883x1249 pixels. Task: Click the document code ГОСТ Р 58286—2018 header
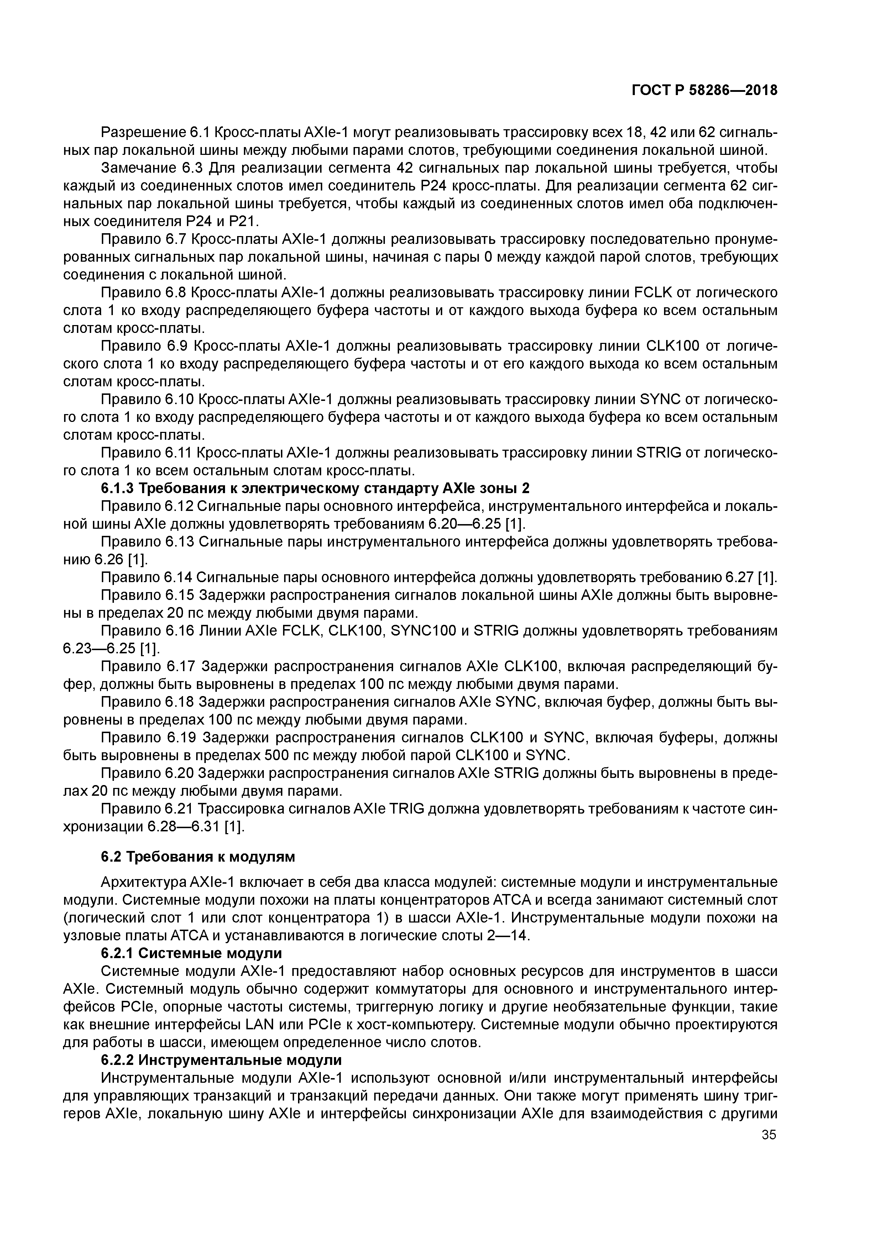point(705,91)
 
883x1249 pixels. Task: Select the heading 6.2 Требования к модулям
point(198,857)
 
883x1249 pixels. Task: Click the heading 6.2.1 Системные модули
point(192,953)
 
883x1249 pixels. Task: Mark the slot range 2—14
point(508,936)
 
